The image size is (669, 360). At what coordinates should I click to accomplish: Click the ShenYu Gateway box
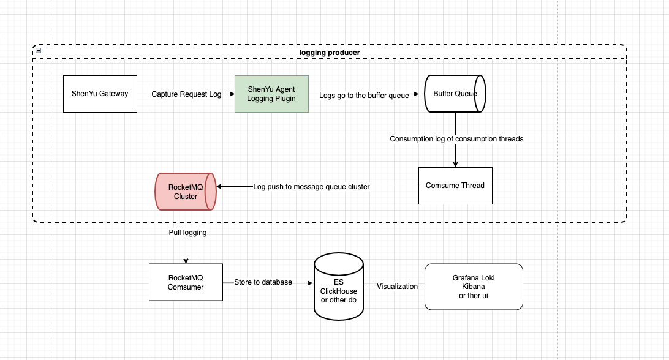[100, 94]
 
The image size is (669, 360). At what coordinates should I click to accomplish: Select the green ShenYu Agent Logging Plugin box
[271, 94]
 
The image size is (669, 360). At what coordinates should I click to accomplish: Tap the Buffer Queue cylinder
[455, 94]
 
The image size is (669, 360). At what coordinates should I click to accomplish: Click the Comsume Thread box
[455, 186]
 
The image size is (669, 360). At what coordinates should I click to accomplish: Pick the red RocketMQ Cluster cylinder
[185, 191]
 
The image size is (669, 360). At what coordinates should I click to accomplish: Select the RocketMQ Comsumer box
[186, 282]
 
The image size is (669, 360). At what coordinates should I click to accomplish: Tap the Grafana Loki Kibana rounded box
[474, 287]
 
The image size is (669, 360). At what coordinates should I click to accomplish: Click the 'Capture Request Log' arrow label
[186, 94]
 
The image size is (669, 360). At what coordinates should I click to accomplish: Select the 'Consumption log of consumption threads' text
[456, 139]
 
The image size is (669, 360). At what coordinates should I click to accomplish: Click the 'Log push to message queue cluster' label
[311, 186]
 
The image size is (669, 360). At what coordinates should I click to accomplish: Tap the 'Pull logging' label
[187, 233]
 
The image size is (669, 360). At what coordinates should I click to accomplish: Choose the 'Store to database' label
[263, 283]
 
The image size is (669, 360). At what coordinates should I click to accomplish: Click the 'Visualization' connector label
[397, 287]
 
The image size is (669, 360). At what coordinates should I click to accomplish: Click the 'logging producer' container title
[330, 53]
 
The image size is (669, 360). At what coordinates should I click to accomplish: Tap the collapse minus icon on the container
[38, 51]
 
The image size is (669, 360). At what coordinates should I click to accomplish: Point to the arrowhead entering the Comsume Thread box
[455, 163]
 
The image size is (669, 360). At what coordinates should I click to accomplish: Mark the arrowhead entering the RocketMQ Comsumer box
[186, 260]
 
